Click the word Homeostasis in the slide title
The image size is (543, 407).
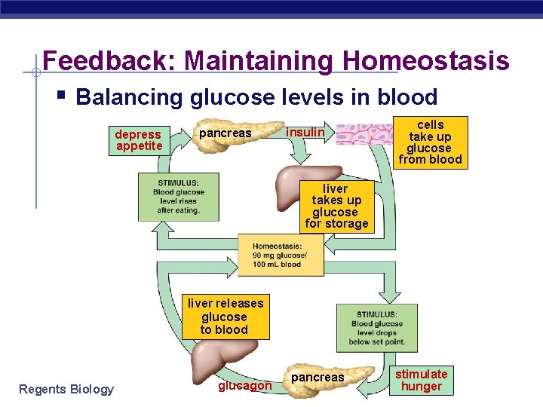click(425, 60)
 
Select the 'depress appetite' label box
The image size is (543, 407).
click(139, 140)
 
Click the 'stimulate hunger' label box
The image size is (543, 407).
click(422, 380)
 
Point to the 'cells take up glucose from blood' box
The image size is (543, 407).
click(430, 142)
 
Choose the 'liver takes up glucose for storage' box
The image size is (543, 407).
click(336, 206)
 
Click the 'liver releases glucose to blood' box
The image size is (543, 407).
click(225, 316)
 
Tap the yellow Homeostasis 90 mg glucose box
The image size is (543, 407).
click(281, 255)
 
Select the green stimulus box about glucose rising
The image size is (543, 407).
click(178, 197)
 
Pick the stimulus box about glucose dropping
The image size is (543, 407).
click(376, 327)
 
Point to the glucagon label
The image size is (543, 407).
click(244, 386)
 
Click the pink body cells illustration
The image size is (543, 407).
click(365, 133)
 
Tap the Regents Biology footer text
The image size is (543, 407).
click(66, 389)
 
